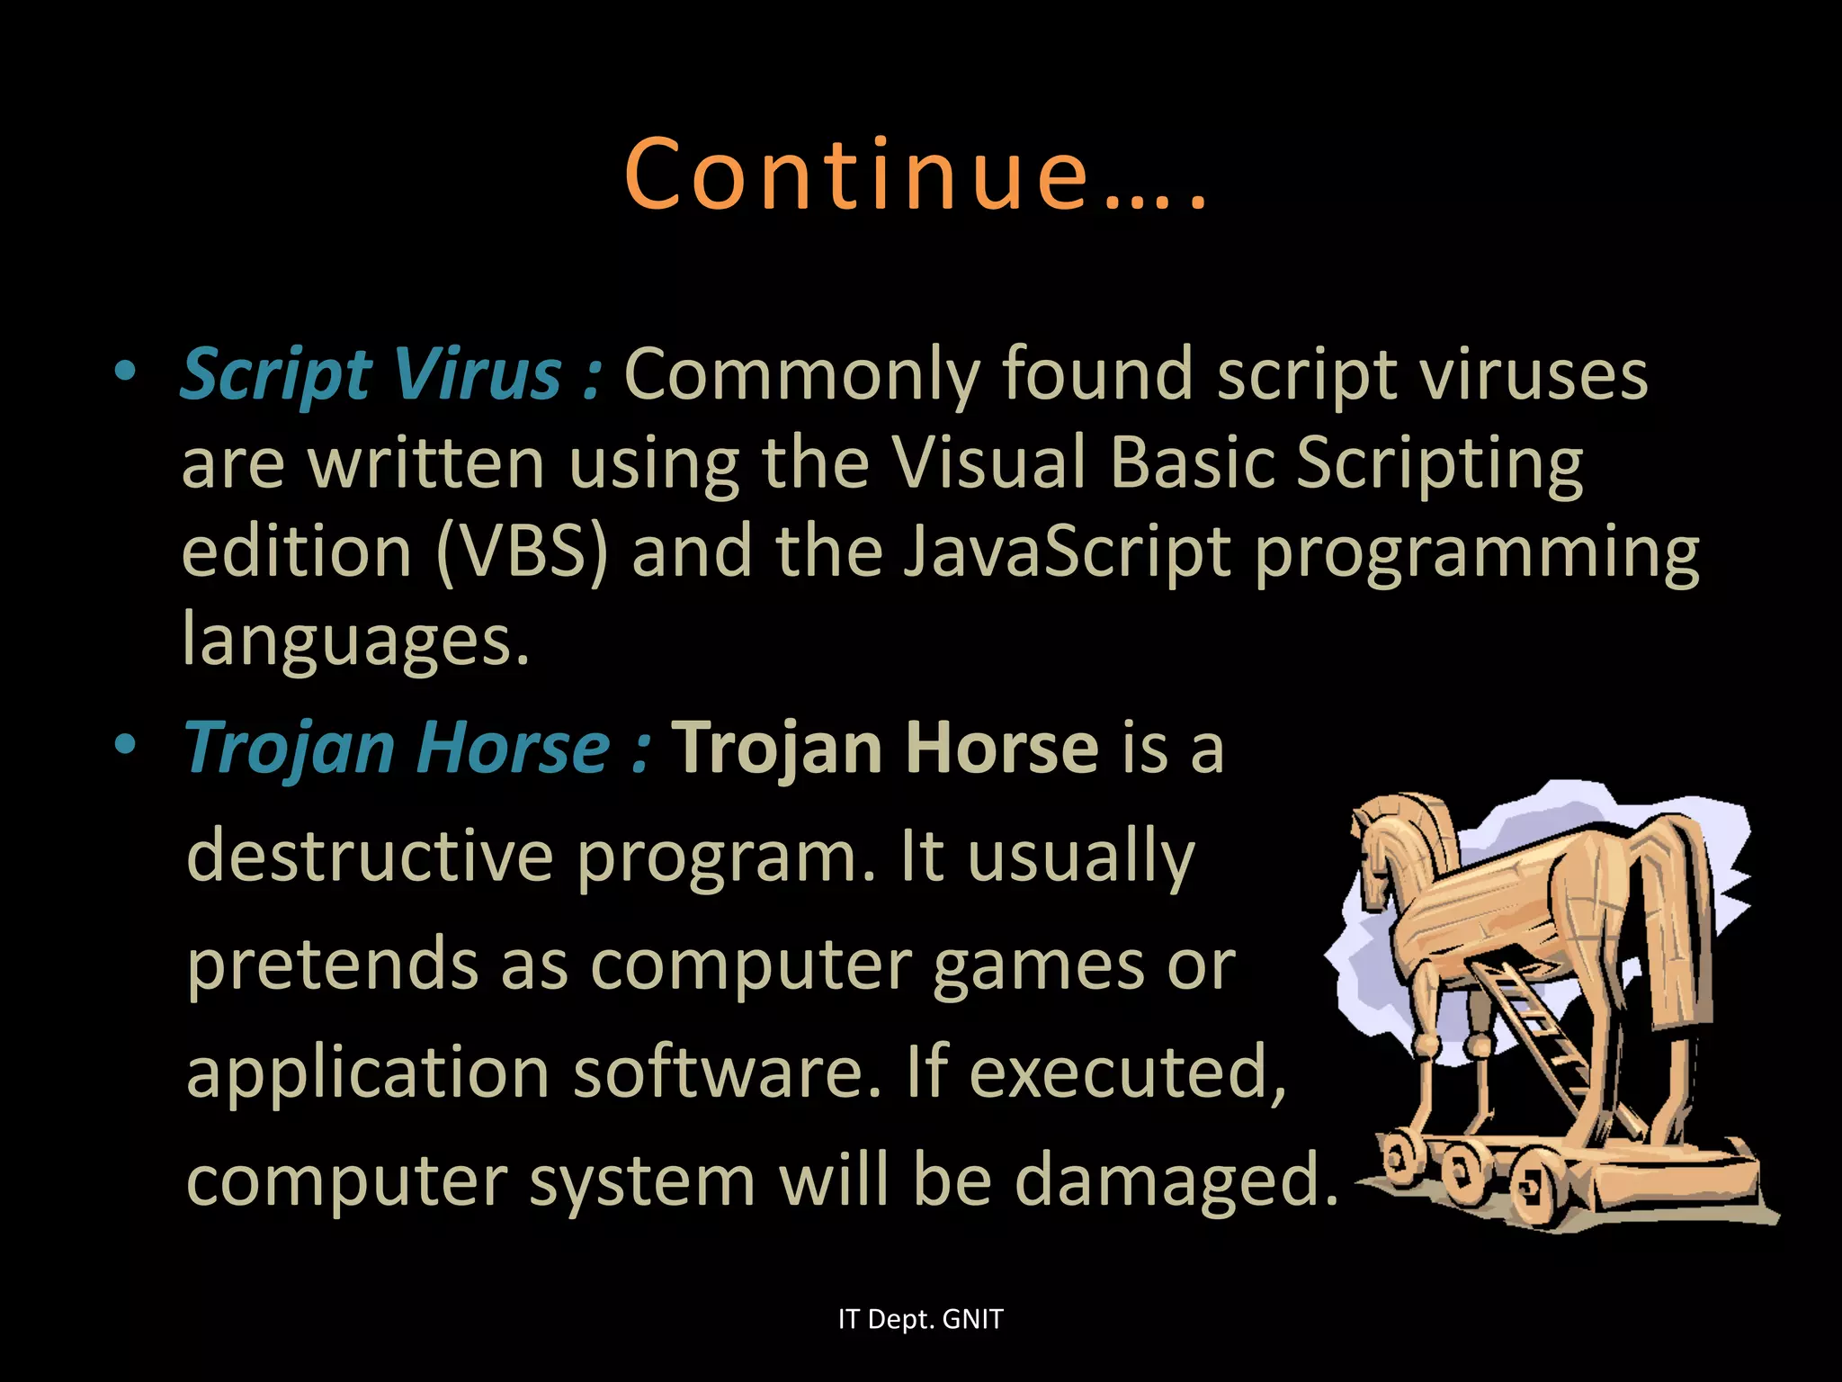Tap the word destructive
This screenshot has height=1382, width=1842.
tap(369, 856)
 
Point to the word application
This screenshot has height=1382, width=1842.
tap(367, 1072)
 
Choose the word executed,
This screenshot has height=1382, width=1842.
tap(1128, 1072)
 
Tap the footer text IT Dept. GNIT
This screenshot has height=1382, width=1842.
tap(920, 1319)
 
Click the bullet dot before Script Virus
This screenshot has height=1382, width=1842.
tap(125, 371)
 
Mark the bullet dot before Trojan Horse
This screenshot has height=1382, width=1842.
tap(125, 745)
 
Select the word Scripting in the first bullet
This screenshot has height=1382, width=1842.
tap(1439, 462)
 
